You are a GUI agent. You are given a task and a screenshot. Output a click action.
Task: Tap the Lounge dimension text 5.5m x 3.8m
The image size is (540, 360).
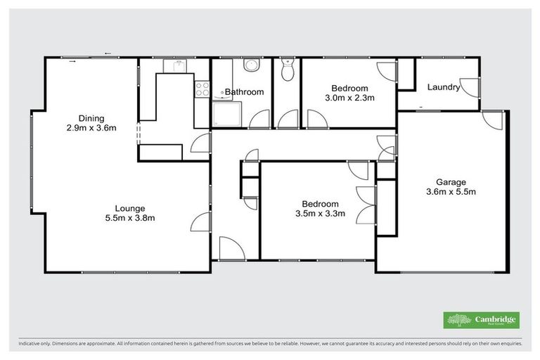point(130,218)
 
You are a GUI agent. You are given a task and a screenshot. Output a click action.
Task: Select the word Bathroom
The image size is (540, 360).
point(244,92)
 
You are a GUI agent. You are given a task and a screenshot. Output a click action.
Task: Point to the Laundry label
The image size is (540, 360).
point(444,88)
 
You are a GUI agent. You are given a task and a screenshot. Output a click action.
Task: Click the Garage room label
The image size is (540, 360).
point(450,181)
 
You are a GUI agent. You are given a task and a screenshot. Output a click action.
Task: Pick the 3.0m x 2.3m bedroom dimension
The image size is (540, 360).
point(349,98)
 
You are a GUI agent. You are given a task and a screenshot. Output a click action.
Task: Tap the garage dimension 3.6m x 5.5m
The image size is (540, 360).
point(450,191)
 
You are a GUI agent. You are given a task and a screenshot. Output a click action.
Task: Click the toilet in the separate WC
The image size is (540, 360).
point(286,70)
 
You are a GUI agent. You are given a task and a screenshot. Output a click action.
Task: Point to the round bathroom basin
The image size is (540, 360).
point(251,65)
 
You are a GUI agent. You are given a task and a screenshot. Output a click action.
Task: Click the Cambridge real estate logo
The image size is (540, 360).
point(482,320)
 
